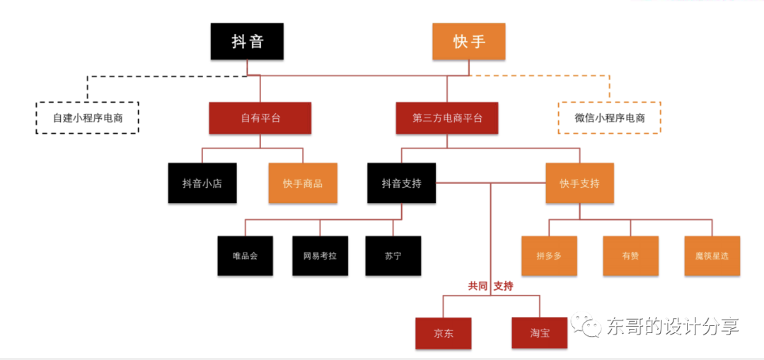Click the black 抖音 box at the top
pos(247,41)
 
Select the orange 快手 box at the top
pos(469,41)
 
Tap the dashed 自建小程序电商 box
pos(88,118)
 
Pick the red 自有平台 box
pos(260,118)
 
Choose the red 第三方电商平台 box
pos(447,118)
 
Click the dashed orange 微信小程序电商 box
pos(609,118)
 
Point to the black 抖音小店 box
pos(202,183)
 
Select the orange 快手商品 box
pos(303,183)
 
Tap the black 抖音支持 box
pos(401,183)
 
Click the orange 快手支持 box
pos(579,183)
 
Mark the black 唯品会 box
pos(245,255)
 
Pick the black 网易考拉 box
pos(320,255)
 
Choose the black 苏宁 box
pos(393,255)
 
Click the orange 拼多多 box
pos(549,255)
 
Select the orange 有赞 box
pos(630,255)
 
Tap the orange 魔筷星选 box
pos(712,255)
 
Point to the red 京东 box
pos(444,332)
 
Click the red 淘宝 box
pos(540,332)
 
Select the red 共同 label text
pos(477,286)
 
